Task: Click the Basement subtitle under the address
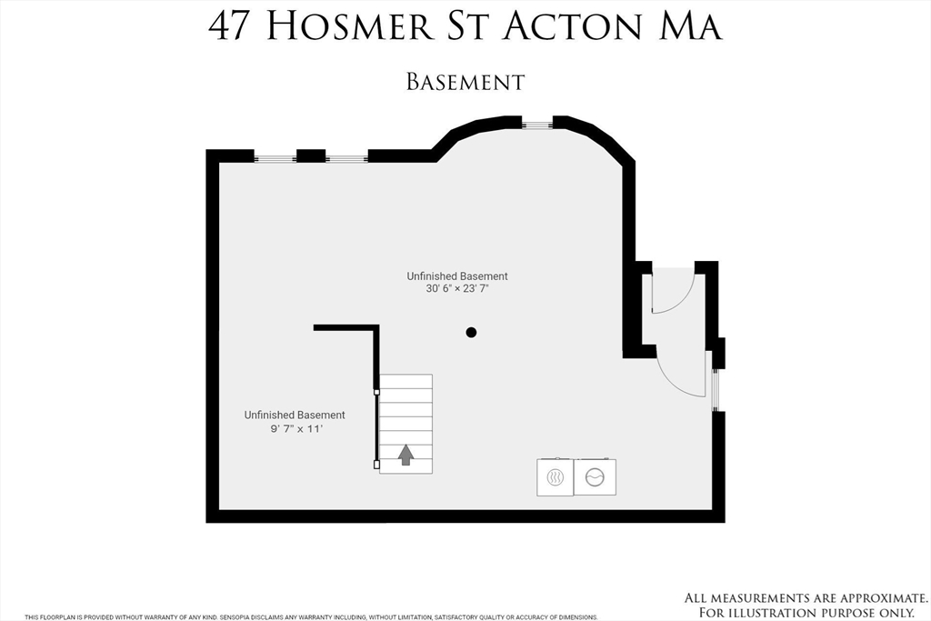(465, 82)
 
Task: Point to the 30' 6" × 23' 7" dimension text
(456, 290)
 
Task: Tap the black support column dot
(471, 333)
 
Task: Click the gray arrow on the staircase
(405, 454)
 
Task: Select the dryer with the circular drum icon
(595, 477)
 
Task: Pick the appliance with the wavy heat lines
(555, 477)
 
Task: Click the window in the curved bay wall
(536, 123)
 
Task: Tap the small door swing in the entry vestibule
(673, 291)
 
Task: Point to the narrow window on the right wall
(716, 389)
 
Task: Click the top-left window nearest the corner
(275, 158)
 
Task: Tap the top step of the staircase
(405, 381)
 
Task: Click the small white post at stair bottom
(377, 464)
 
